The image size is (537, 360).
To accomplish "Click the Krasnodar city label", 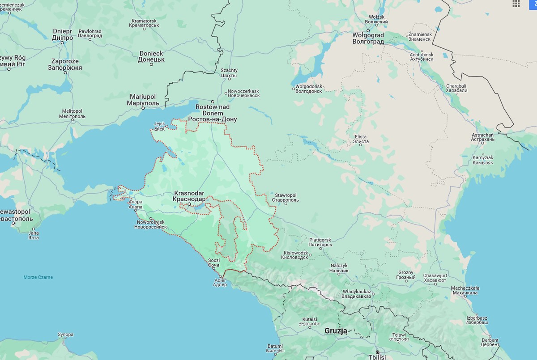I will point(189,196).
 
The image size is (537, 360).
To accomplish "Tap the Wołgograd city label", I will point(368,38).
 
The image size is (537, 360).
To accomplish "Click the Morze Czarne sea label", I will point(38,277).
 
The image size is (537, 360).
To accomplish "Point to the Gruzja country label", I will point(336,331).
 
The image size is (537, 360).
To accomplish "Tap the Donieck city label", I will point(151,56).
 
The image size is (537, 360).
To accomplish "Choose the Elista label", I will point(361,139).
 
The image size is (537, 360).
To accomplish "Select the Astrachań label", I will point(483,137).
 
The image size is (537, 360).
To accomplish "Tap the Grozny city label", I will point(406,275).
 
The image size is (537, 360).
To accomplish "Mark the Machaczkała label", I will point(465,291).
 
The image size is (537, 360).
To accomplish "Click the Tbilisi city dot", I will point(377,352).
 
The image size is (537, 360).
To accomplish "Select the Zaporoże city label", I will point(65,64).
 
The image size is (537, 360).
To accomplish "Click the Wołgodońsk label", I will point(308,89).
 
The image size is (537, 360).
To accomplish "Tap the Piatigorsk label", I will point(320,242).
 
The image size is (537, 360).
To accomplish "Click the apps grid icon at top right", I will point(516,4).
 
